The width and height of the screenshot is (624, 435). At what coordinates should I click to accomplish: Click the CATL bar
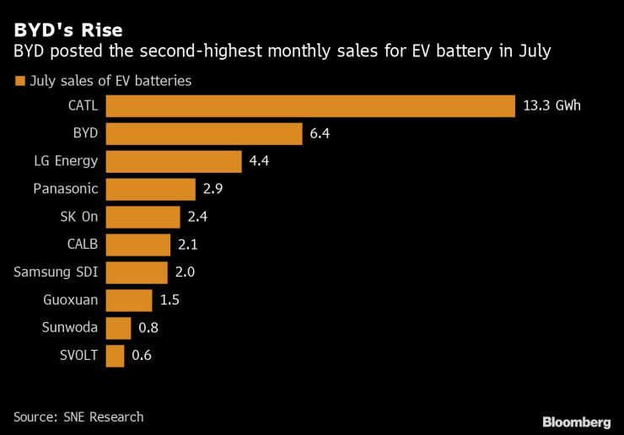tap(310, 106)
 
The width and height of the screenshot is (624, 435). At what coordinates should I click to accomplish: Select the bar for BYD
tap(204, 134)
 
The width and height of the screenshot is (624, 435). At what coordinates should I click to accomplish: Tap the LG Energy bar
tap(174, 162)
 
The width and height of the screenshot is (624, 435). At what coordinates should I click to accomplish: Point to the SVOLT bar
tap(116, 356)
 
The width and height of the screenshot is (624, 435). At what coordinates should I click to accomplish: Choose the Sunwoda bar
tap(119, 328)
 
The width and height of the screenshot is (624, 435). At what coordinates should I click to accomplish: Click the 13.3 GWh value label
tap(552, 106)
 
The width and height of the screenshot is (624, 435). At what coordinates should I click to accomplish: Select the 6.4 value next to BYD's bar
tap(320, 134)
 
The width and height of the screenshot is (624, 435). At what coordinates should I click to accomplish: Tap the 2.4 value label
tap(197, 217)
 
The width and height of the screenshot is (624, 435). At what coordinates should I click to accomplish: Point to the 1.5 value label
tap(169, 300)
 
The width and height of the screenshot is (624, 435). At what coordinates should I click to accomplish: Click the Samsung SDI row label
tap(56, 272)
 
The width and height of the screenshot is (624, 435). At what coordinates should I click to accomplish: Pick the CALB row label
tap(82, 244)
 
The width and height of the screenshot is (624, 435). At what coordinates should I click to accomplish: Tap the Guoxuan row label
tap(71, 300)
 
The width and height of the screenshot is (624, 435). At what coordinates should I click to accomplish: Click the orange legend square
tap(19, 82)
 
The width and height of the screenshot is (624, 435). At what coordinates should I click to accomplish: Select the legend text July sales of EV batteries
tap(110, 82)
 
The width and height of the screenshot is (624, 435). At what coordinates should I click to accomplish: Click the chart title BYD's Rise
tap(67, 30)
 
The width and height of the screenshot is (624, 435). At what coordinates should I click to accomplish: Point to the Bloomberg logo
tap(576, 422)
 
